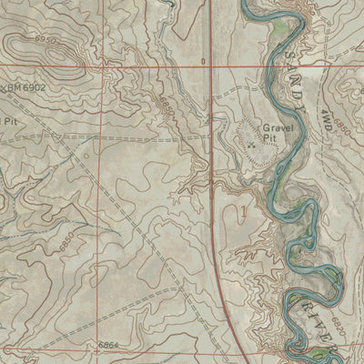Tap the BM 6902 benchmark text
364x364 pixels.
[25, 86]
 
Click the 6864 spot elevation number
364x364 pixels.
[111, 347]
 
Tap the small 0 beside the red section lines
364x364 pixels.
[202, 63]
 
